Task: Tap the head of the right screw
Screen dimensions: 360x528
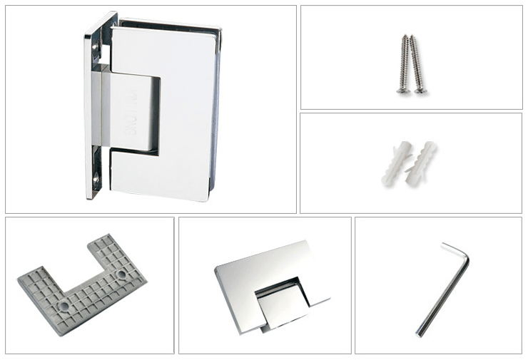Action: click(420, 91)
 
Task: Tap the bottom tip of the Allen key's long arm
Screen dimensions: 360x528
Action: click(420, 332)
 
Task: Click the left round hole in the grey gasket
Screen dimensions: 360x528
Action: click(65, 305)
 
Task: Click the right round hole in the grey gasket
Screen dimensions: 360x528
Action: click(121, 274)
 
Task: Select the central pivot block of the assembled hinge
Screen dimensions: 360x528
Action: click(132, 110)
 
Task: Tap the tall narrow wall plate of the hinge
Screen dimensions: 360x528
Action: click(93, 107)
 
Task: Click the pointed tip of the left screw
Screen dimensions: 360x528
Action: click(406, 36)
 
